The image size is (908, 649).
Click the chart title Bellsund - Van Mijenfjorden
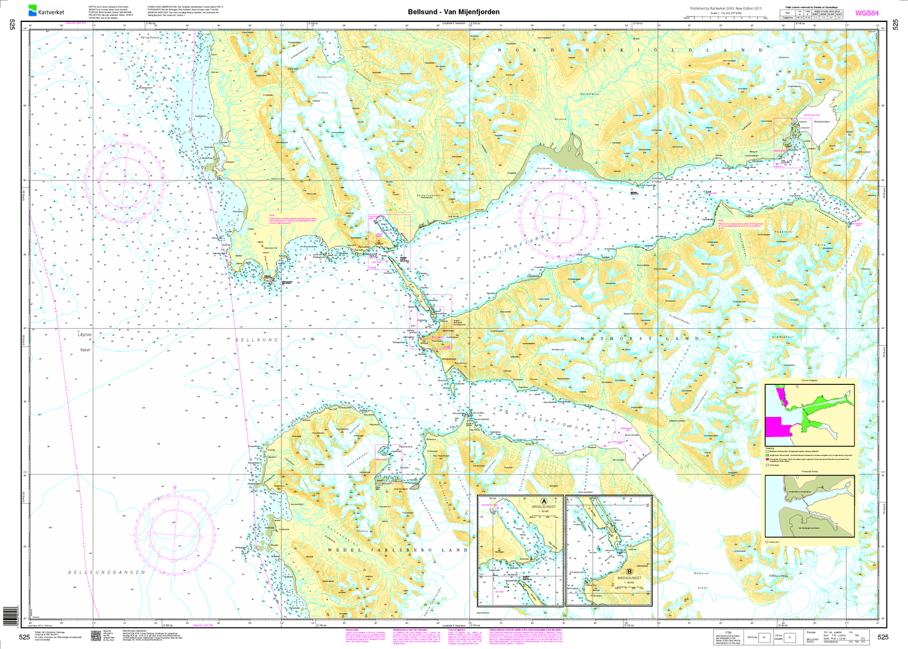pyautogui.click(x=454, y=12)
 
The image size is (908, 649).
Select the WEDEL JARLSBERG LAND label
pyautogui.click(x=397, y=550)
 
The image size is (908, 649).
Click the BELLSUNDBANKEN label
pyautogui.click(x=107, y=572)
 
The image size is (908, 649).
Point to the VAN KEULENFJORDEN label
pyautogui.click(x=544, y=419)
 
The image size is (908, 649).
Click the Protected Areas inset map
pyautogui.click(x=809, y=506)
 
